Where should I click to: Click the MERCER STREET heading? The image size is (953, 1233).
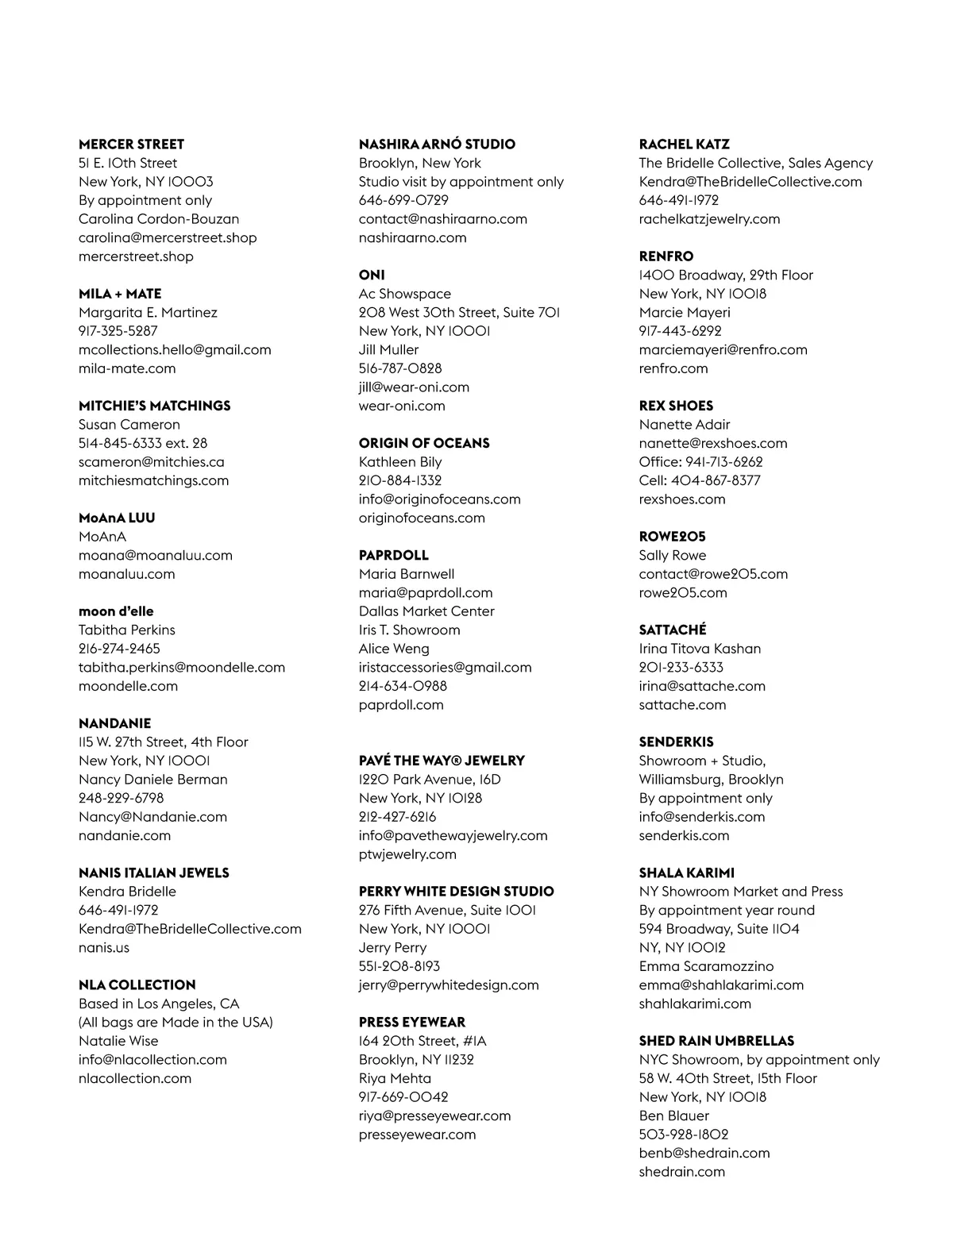tap(131, 144)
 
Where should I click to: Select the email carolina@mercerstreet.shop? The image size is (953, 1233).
tap(168, 237)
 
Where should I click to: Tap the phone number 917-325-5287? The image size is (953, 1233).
tap(118, 331)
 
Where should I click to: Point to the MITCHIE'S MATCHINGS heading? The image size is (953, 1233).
tap(155, 406)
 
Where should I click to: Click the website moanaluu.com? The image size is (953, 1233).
tap(127, 574)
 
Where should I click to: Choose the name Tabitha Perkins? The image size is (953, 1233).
tap(127, 630)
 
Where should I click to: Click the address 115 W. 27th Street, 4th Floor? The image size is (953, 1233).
tap(164, 742)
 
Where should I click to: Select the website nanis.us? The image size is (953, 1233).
tap(104, 947)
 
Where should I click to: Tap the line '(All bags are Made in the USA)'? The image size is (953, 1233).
tap(176, 1022)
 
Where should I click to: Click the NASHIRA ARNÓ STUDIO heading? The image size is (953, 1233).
tap(437, 144)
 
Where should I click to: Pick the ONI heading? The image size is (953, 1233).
tap(372, 275)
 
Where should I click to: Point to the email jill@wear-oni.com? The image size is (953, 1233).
tap(414, 387)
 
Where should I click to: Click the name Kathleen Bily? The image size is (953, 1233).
tap(400, 462)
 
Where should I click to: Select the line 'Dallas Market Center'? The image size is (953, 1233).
tap(426, 611)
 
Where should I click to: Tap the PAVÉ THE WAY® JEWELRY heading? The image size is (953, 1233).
tap(442, 761)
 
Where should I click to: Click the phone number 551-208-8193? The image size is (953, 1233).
tap(399, 966)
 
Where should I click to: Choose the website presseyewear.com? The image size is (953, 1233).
tap(418, 1135)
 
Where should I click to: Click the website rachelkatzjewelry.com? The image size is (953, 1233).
tap(709, 219)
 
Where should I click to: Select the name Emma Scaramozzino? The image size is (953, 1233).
tap(706, 966)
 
